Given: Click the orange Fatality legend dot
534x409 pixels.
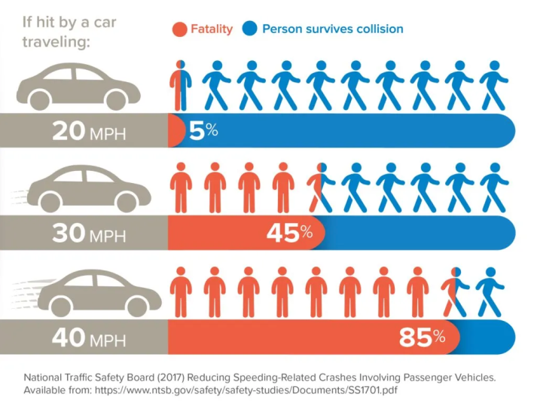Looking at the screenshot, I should [179, 29].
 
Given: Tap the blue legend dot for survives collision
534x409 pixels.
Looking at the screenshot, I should [250, 29].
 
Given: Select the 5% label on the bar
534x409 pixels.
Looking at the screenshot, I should [203, 131].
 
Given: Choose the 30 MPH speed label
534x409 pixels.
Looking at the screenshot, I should [89, 234].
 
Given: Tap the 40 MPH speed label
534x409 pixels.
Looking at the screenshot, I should [89, 338].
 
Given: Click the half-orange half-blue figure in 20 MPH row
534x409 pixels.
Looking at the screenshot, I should [180, 85].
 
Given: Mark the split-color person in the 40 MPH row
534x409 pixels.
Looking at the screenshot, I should [455, 291].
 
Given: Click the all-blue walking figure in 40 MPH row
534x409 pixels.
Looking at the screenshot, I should [492, 291].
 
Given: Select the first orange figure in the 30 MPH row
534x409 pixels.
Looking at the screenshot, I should [180, 188].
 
